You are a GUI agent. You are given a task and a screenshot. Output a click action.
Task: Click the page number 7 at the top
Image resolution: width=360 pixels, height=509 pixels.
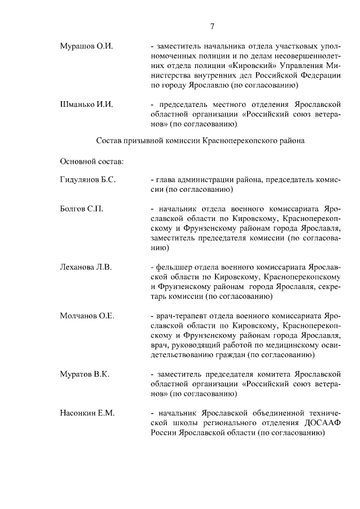(213, 26)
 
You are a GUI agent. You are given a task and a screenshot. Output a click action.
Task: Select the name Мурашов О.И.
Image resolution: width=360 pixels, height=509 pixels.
(86, 46)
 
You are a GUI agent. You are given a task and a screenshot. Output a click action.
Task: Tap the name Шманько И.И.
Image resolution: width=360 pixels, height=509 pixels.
(86, 104)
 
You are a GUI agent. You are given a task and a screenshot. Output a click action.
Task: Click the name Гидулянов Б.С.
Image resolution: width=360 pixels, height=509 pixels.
(88, 179)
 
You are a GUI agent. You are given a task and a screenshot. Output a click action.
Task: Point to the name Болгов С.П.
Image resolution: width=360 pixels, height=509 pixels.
(81, 209)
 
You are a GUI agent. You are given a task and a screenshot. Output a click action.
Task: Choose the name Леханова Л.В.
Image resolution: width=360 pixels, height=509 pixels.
(85, 267)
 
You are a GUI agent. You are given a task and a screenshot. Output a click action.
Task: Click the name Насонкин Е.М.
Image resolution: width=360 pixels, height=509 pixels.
(87, 413)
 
